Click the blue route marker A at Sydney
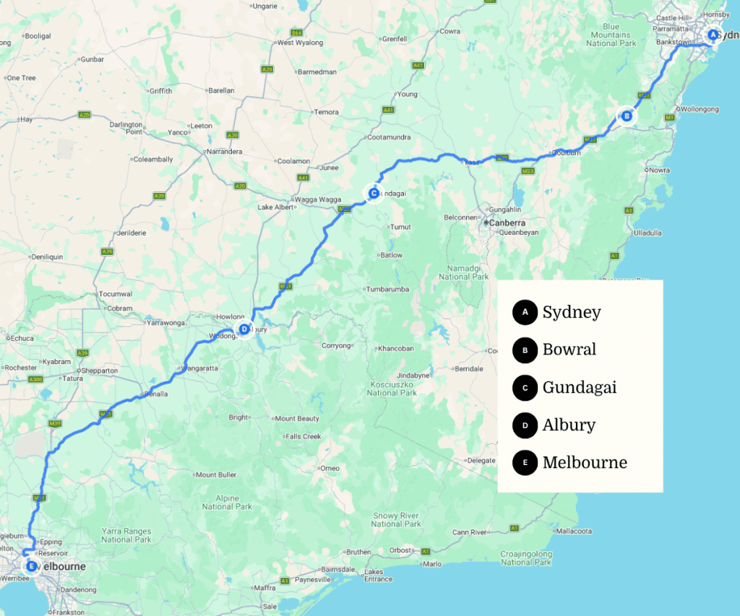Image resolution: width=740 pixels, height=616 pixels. click(713, 35)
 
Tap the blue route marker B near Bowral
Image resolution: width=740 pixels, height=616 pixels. click(627, 116)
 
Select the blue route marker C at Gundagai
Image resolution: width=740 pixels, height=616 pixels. click(373, 193)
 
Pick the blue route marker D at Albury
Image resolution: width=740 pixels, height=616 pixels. click(244, 329)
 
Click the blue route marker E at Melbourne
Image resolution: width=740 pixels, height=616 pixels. click(30, 566)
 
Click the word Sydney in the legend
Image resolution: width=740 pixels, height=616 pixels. click(571, 312)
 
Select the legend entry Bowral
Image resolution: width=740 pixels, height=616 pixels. click(569, 350)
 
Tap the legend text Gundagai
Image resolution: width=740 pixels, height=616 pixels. click(579, 387)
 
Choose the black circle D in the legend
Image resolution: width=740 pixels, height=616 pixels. click(525, 425)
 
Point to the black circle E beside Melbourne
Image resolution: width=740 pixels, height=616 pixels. click(525, 462)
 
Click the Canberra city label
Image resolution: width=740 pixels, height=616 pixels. click(507, 223)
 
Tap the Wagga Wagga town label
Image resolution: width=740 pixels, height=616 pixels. click(316, 199)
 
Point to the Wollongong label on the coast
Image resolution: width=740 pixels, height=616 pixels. click(697, 109)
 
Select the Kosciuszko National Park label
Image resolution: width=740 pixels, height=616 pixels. click(392, 386)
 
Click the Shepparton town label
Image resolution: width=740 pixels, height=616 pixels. click(100, 370)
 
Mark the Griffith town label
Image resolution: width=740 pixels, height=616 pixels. click(160, 91)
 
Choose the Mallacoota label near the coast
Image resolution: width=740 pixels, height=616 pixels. click(575, 531)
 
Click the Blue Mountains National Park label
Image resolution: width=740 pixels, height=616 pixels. click(611, 35)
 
